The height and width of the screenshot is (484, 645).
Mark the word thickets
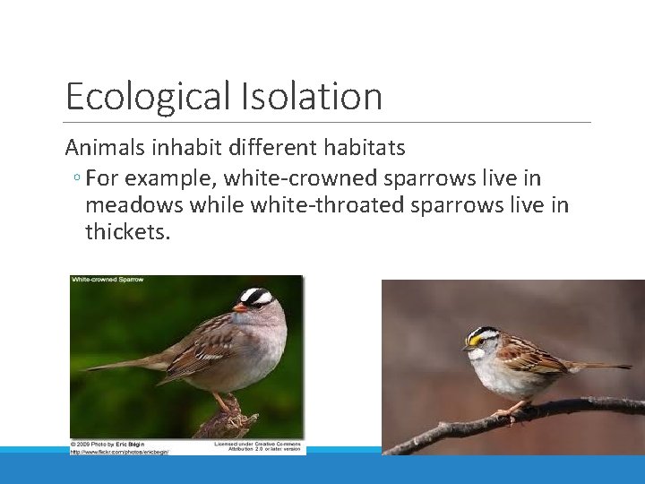[x=127, y=233]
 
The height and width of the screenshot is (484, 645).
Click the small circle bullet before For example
[x=78, y=179]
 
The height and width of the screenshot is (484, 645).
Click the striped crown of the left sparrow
[x=257, y=294]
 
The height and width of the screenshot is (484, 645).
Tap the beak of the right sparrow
[x=466, y=345]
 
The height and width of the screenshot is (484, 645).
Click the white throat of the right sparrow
[x=478, y=354]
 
